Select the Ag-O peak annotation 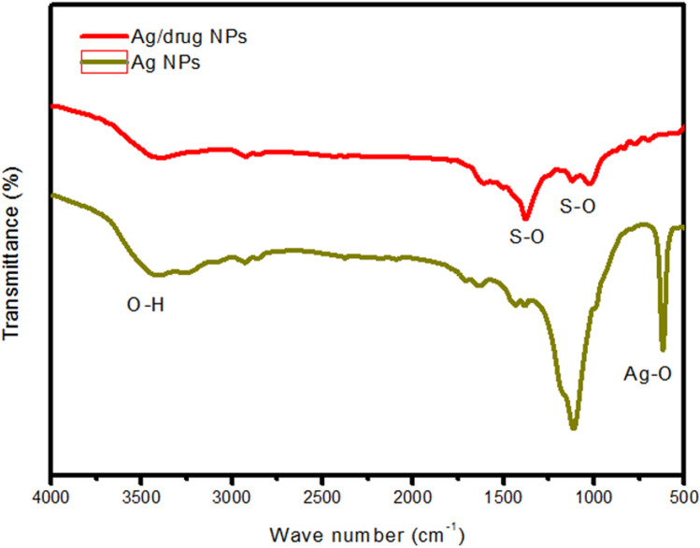[x=647, y=377]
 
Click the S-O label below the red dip [x=526, y=238]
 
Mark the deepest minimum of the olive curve [x=573, y=427]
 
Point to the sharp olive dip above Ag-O [x=663, y=348]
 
